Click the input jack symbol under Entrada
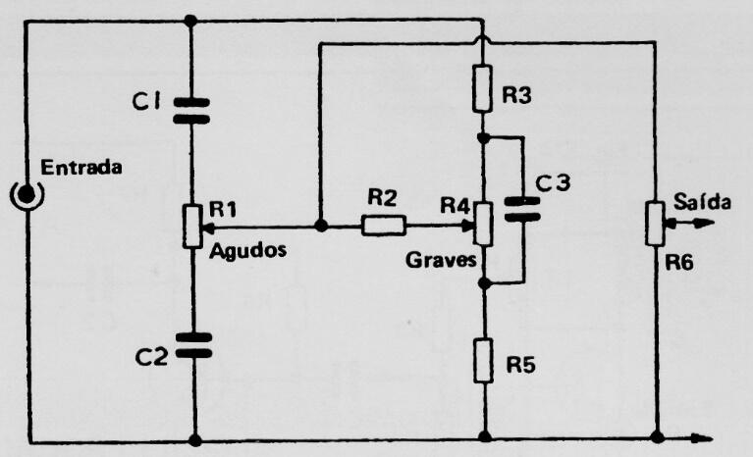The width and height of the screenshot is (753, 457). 27,194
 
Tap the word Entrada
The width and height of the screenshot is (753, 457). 81,168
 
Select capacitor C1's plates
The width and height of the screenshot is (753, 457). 191,111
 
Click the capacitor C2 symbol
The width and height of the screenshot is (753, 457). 193,345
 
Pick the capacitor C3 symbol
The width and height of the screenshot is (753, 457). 522,209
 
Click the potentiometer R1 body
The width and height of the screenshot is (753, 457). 192,226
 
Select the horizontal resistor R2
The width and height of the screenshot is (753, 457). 383,226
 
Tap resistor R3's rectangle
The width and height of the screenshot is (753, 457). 482,89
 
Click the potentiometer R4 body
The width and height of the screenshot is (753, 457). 483,224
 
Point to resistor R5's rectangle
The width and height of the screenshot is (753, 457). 484,360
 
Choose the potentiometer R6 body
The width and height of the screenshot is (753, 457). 655,224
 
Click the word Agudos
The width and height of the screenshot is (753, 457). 247,251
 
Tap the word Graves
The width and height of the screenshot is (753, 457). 441,260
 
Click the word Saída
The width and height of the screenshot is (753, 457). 702,201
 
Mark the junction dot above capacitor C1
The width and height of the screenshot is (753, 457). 190,22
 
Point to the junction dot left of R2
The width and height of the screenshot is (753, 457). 321,226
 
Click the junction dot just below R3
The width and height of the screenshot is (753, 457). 484,138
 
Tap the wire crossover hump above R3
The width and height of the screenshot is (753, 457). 483,39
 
